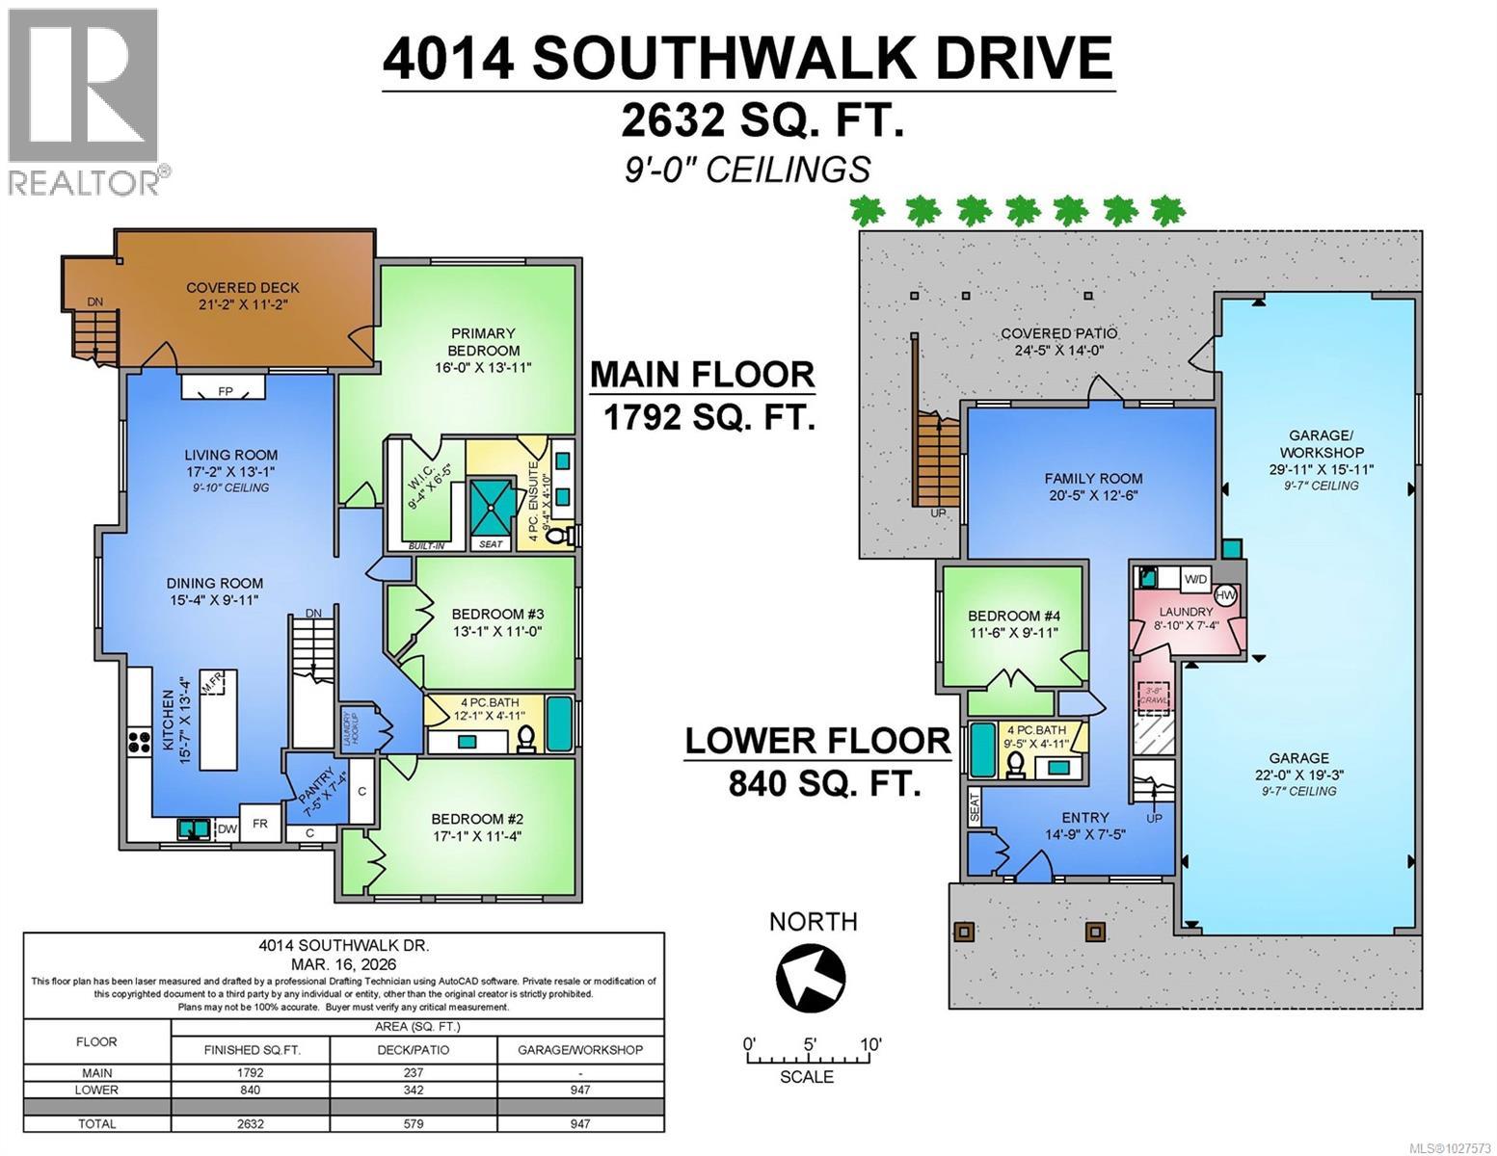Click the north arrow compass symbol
point(811,975)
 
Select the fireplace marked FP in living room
point(224,390)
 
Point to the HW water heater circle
point(1225,595)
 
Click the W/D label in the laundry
point(1194,579)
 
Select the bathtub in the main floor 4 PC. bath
point(558,724)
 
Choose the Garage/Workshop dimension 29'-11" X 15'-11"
point(1321,469)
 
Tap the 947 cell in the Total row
point(580,1123)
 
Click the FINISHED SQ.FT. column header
point(252,1049)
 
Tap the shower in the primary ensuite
point(493,505)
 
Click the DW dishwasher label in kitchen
point(227,828)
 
